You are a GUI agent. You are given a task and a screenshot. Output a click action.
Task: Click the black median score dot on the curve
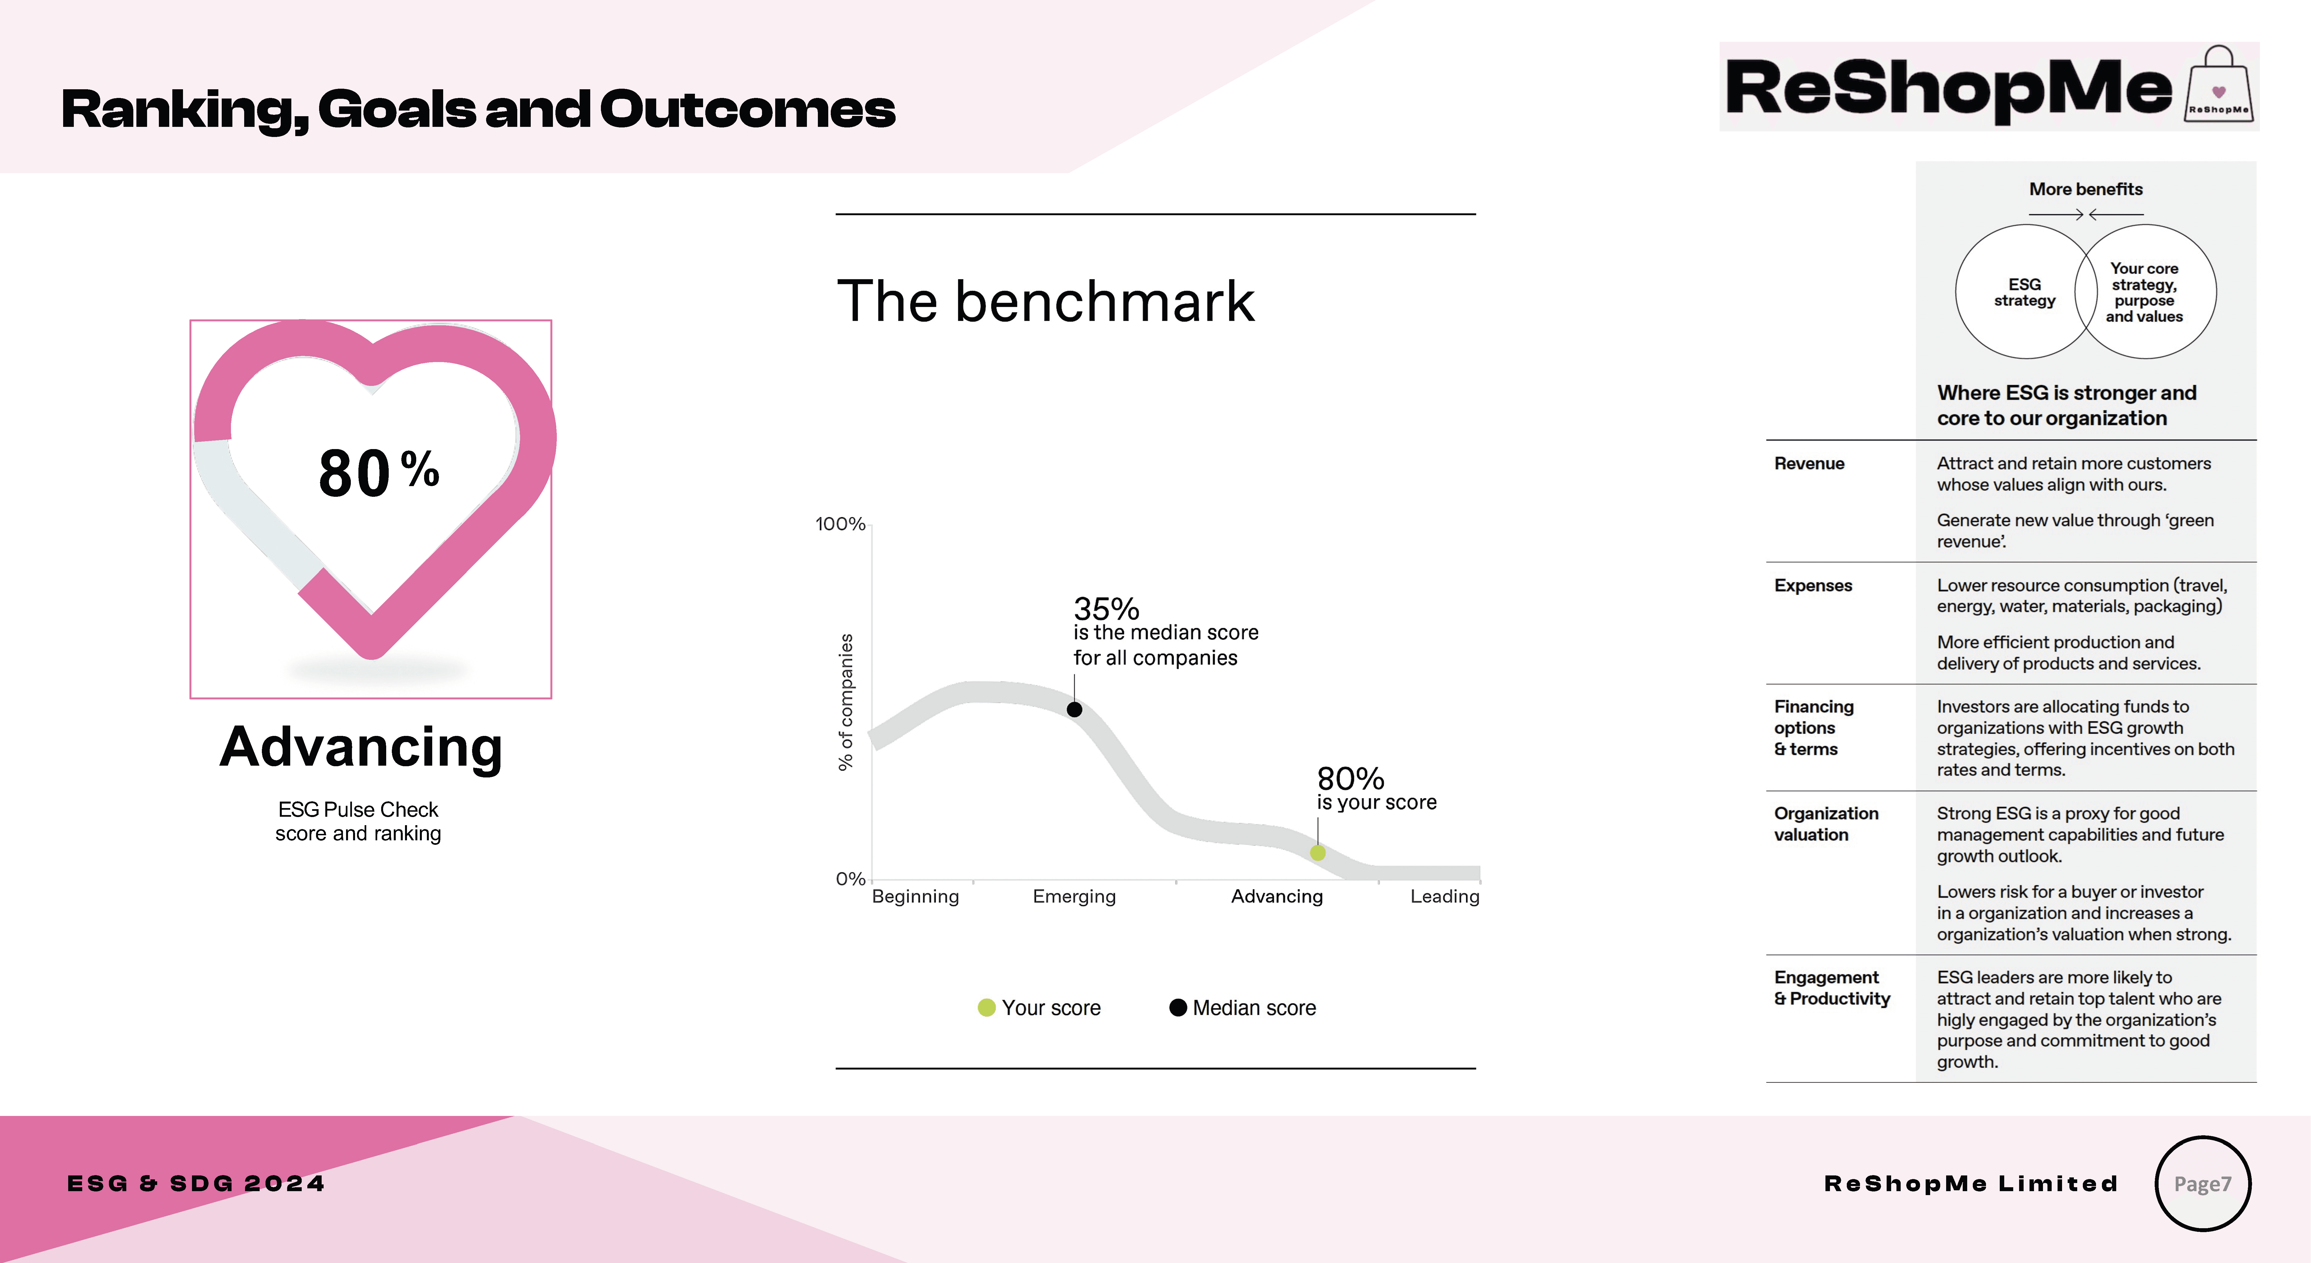coord(1074,710)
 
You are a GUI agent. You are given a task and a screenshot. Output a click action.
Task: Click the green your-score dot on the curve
coord(1317,853)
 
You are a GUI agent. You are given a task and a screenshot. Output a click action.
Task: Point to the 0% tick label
coord(850,879)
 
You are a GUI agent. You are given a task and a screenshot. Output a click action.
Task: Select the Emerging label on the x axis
coord(1074,896)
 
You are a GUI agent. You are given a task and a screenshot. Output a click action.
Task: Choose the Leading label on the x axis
coord(1444,896)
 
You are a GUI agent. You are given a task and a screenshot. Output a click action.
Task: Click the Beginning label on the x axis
coord(915,896)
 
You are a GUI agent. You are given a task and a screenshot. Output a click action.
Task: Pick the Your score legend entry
coord(1039,1007)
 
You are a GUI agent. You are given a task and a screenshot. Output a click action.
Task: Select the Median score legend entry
coord(1243,1007)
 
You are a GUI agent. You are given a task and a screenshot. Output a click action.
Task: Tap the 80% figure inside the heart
coord(379,473)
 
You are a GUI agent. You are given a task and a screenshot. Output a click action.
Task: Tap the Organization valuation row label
coord(1826,823)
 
